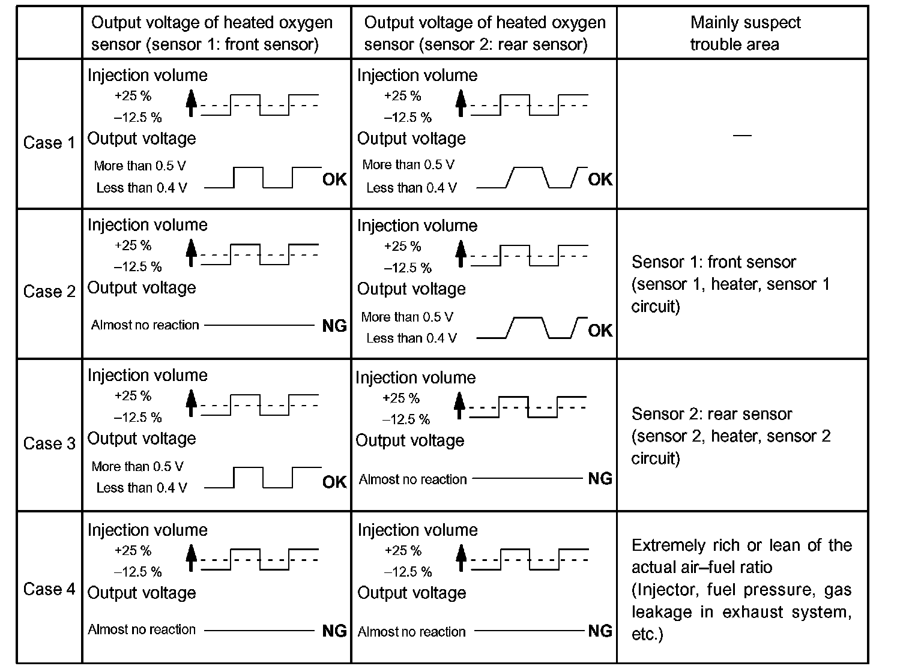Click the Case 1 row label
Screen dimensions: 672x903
[x=49, y=143]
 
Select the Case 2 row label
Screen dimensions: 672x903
[x=49, y=292]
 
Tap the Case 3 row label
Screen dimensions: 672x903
[x=49, y=443]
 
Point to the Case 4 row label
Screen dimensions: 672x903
[x=49, y=589]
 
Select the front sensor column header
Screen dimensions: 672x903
[x=211, y=34]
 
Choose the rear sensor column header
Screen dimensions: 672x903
[x=485, y=34]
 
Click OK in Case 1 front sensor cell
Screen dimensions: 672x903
[x=334, y=179]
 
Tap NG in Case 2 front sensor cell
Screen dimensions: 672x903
[x=334, y=326]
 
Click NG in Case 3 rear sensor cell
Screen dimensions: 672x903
[x=600, y=478]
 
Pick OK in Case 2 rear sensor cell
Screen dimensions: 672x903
[x=600, y=330]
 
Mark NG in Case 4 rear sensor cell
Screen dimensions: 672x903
[x=600, y=631]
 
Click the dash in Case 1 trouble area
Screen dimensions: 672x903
[x=743, y=135]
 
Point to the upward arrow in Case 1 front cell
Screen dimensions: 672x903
[x=191, y=102]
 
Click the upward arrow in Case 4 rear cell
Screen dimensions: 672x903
[x=461, y=557]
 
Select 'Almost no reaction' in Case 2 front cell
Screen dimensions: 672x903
[x=145, y=325]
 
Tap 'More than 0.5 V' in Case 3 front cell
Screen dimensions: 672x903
[x=137, y=466]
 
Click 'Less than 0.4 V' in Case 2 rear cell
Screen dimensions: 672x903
[x=411, y=338]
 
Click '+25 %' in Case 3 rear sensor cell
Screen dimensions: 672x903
[x=400, y=398]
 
